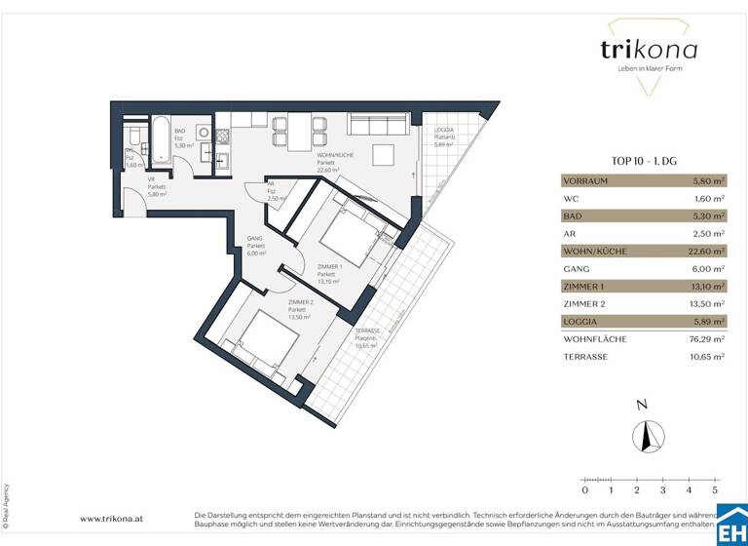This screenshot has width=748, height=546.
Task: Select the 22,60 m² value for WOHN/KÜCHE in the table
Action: [x=706, y=251]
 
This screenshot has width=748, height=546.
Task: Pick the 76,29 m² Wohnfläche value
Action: [x=706, y=338]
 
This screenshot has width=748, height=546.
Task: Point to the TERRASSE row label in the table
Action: [x=589, y=357]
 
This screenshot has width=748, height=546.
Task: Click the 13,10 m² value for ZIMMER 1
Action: [x=706, y=286]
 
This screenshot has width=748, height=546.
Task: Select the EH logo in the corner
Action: [x=730, y=528]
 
